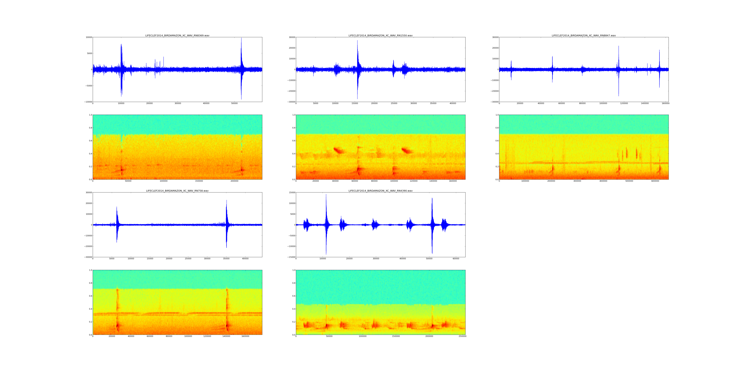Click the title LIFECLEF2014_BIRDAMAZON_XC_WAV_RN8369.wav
coord(177,35)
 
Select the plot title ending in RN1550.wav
coord(380,35)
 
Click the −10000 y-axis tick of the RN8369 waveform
coord(88,102)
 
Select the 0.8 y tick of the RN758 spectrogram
coord(90,283)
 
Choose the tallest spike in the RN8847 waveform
coord(618,46)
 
